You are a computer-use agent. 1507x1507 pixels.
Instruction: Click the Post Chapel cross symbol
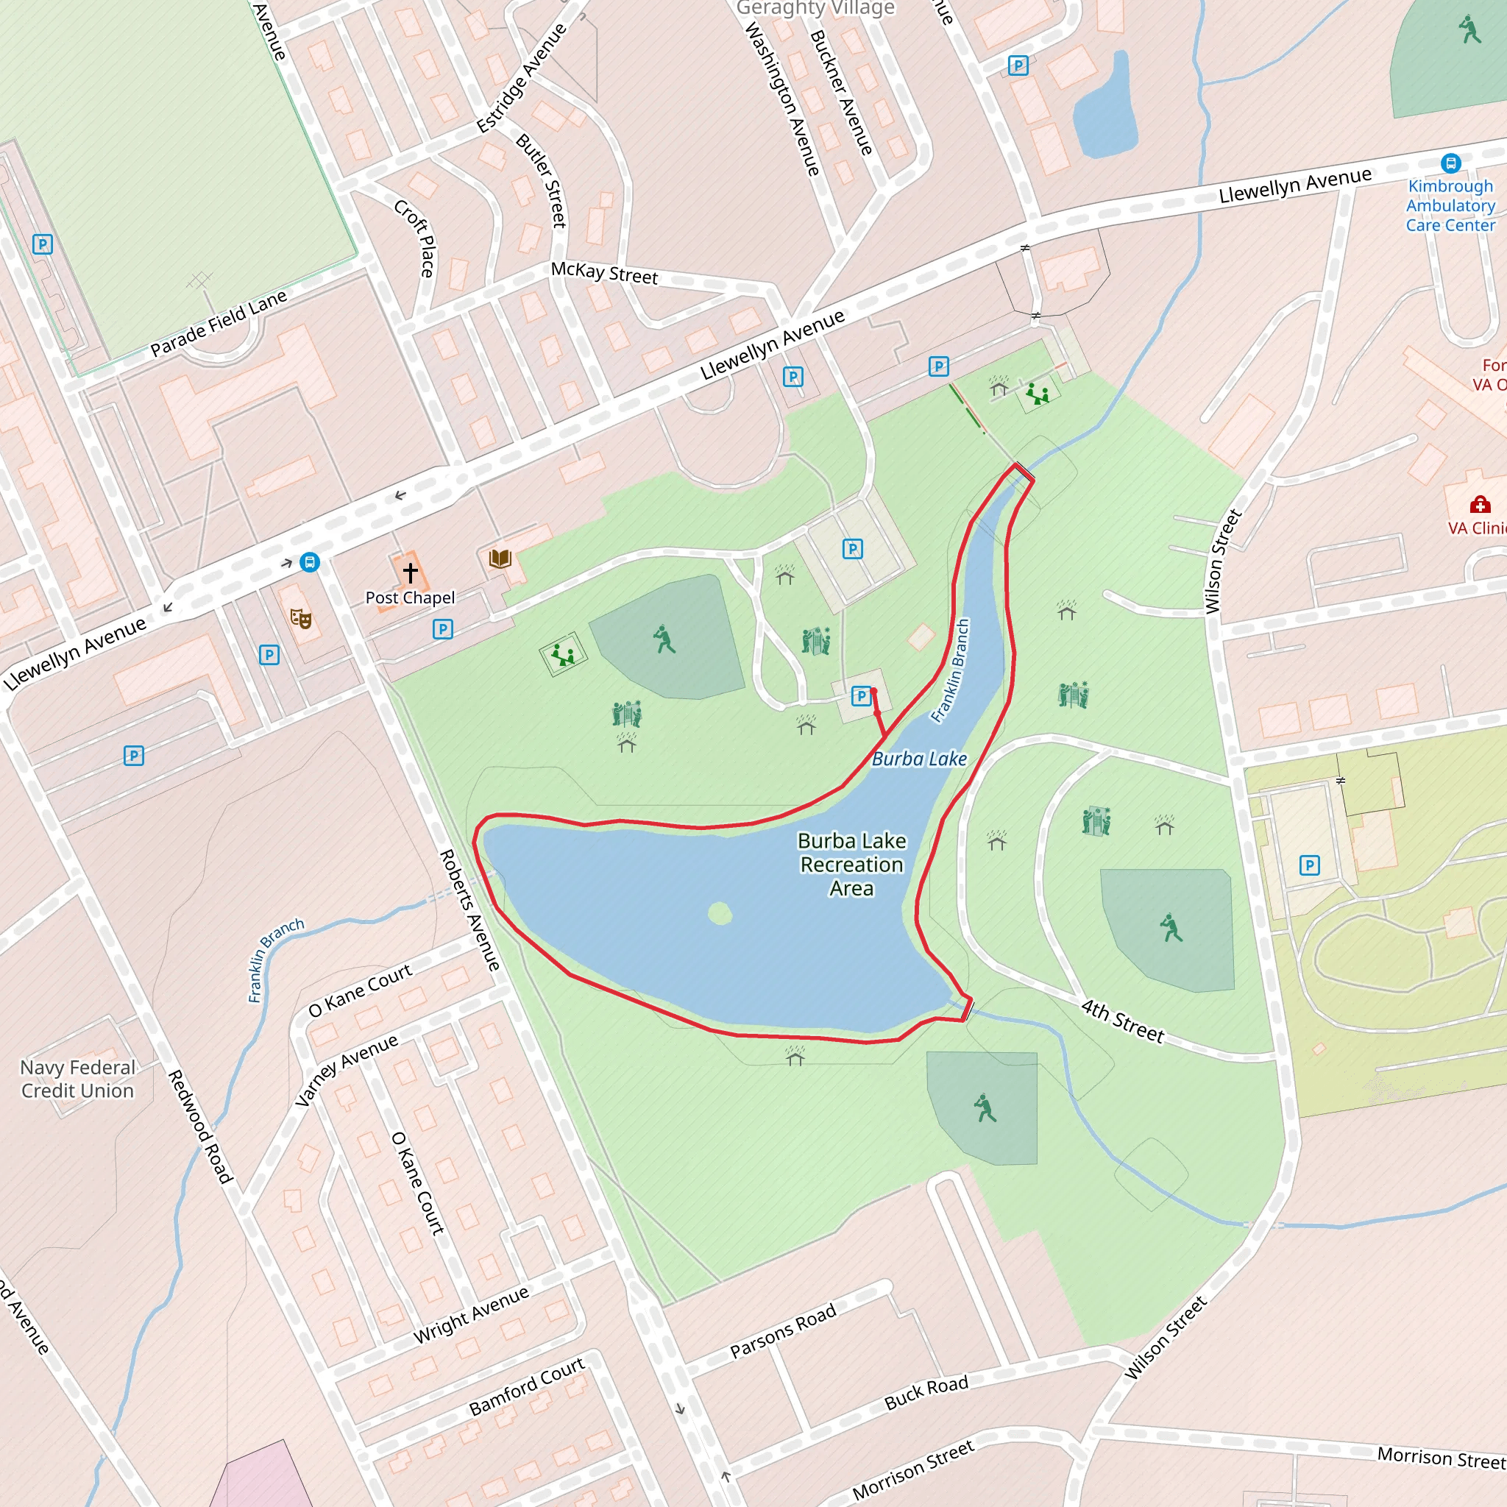[x=411, y=572]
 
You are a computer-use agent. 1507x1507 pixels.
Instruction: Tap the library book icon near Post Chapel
[x=500, y=559]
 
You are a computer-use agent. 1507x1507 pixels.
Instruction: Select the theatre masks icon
[x=301, y=619]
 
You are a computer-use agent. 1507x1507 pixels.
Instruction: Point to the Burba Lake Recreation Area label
[x=852, y=865]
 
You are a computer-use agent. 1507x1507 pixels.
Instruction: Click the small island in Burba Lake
[x=719, y=912]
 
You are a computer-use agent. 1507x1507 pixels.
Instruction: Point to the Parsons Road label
[x=782, y=1330]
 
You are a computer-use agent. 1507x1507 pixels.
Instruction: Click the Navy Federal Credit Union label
[x=77, y=1079]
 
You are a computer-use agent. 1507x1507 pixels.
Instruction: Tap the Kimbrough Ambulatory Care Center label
[x=1450, y=206]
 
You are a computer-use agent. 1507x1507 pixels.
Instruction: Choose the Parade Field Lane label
[x=219, y=323]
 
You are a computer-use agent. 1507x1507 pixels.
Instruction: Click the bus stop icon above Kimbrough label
[x=1451, y=163]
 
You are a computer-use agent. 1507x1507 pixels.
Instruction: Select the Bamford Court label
[x=527, y=1386]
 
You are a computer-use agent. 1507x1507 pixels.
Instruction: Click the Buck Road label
[x=926, y=1392]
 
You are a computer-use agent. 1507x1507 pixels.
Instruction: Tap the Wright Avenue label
[x=471, y=1314]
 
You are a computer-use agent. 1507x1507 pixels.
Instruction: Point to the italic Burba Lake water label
[x=919, y=759]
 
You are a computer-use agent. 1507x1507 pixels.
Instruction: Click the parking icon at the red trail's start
[x=860, y=696]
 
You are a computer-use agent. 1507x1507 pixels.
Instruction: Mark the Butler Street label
[x=542, y=181]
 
